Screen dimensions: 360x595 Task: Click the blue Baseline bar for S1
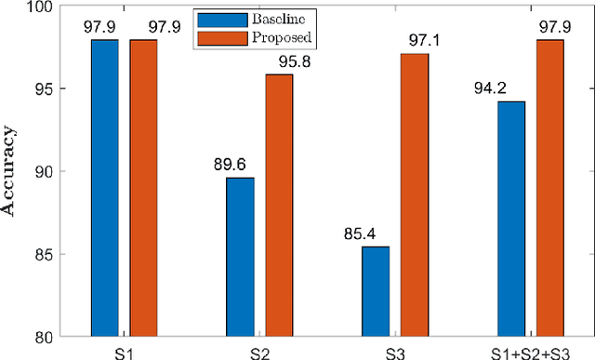click(104, 187)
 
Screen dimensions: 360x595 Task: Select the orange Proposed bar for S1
click(143, 187)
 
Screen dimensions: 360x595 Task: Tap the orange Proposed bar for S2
click(279, 205)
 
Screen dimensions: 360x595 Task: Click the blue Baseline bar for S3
click(376, 290)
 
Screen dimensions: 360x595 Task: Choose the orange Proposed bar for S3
click(415, 194)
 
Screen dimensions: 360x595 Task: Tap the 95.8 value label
click(288, 60)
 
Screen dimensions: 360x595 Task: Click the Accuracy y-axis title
click(11, 172)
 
